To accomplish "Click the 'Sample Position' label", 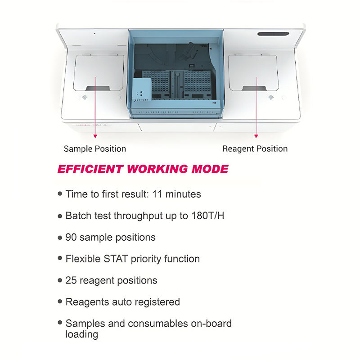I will [x=95, y=148].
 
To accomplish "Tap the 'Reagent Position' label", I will [x=255, y=148].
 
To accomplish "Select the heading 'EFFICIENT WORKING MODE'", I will [x=143, y=169].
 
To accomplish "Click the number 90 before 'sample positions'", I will [x=71, y=237].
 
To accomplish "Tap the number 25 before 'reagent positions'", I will [x=71, y=280].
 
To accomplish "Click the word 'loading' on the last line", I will [x=82, y=334].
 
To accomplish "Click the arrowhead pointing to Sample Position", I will [x=95, y=135].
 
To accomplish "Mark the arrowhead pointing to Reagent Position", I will [x=256, y=135].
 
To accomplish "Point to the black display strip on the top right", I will [x=275, y=34].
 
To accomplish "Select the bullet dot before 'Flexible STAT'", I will [x=60, y=259].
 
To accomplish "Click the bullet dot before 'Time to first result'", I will [x=60, y=194].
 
